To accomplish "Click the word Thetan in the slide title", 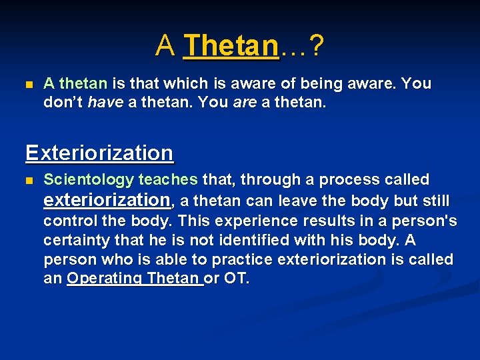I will click(231, 46).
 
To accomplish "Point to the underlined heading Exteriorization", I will click(99, 153).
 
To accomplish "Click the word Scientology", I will click(89, 180).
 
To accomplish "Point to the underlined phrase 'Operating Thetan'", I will click(134, 279).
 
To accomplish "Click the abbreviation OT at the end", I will click(235, 279).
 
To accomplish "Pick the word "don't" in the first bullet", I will click(63, 103).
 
